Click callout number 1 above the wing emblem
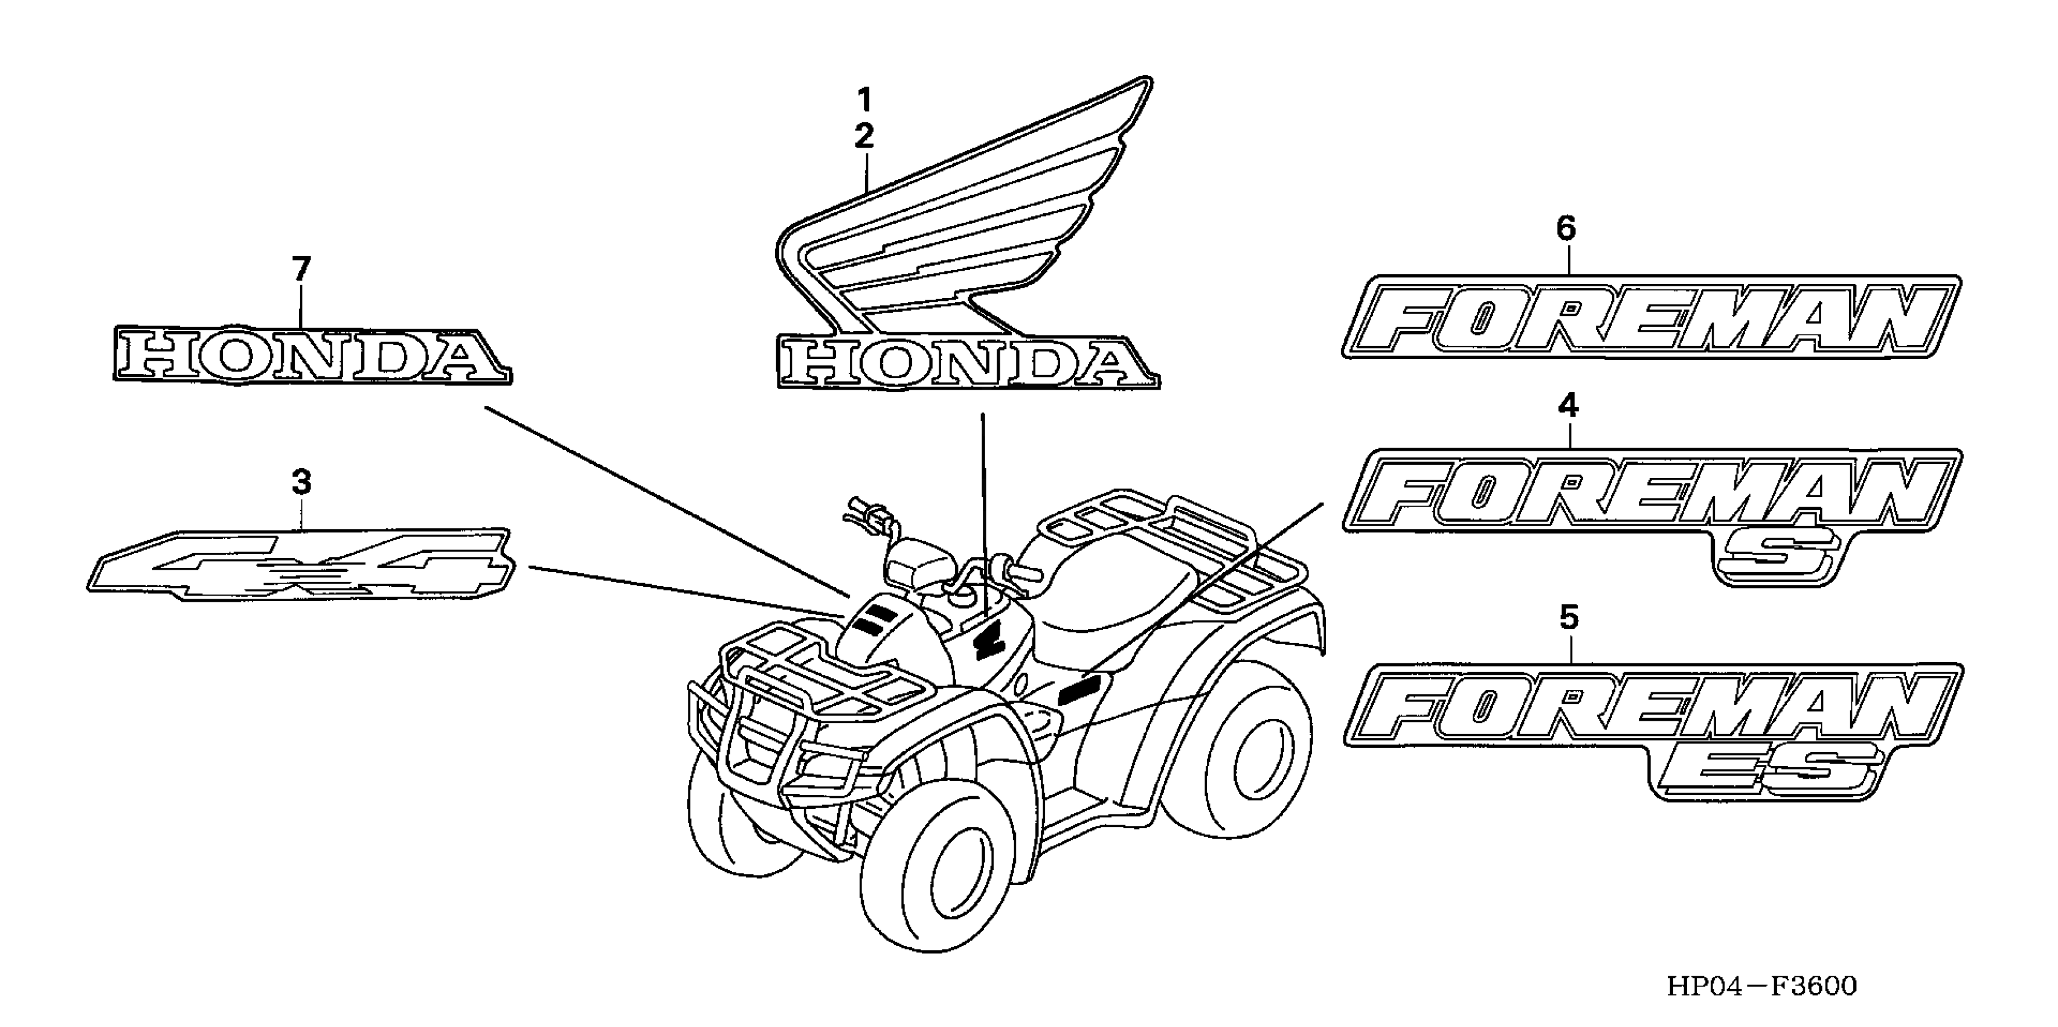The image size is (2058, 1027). (x=864, y=101)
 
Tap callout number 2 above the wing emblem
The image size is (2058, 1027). (x=864, y=137)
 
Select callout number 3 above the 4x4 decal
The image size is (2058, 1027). (x=301, y=482)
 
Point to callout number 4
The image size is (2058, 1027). (x=1568, y=406)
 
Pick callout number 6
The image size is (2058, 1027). (x=1566, y=228)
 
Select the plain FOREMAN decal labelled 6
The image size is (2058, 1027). (x=1650, y=317)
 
